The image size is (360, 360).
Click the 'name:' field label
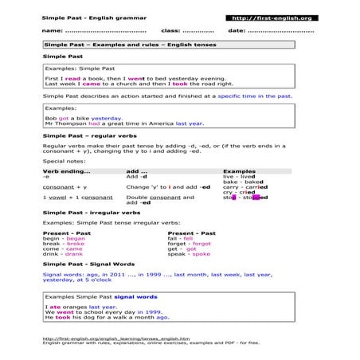pyautogui.click(x=52, y=30)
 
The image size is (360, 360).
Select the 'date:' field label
pyautogui.click(x=237, y=30)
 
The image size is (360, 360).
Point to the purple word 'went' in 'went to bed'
pyautogui.click(x=135, y=79)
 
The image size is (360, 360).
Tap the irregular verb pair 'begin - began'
pyautogui.click(x=63, y=237)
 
